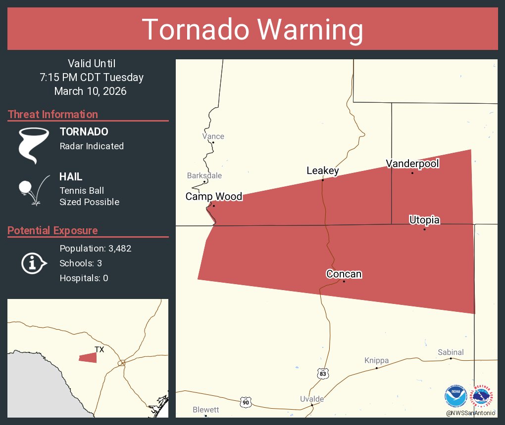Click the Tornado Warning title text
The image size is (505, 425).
[x=252, y=30]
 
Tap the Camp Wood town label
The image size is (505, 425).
[x=214, y=197]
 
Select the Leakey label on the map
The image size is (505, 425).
[x=323, y=171]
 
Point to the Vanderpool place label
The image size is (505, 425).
[x=412, y=164]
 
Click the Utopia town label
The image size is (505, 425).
[x=424, y=220]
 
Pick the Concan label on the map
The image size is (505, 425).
[x=344, y=274]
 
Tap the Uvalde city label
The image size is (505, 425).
[x=312, y=399]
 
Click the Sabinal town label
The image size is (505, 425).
[x=451, y=352]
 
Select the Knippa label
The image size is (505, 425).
[x=376, y=360]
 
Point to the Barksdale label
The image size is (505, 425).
[x=204, y=175]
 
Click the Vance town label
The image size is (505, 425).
[x=213, y=136]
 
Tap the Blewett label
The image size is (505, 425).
[x=205, y=410]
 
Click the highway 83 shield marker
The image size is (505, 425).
[x=322, y=374]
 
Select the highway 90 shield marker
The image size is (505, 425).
[x=246, y=402]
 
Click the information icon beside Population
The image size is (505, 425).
[x=33, y=263]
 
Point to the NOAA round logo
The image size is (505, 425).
[x=455, y=396]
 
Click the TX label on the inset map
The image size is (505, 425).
[x=100, y=350]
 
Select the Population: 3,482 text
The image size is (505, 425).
[x=96, y=249]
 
